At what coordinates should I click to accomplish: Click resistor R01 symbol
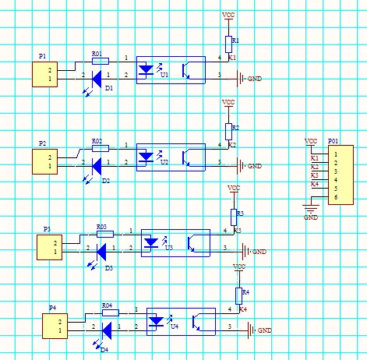[x=101, y=62]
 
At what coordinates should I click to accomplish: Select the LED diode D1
[x=97, y=79]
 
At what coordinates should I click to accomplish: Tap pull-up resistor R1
[x=228, y=44]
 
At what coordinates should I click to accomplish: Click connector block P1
[x=45, y=74]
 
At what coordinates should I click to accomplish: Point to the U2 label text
[x=164, y=162]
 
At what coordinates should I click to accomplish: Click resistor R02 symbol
[x=101, y=149]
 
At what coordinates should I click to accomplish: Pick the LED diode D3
[x=101, y=252]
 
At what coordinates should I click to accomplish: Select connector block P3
[x=50, y=247]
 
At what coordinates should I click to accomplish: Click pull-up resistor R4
[x=239, y=296]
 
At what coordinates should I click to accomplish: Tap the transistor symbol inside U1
[x=186, y=71]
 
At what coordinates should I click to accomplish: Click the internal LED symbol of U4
[x=157, y=321]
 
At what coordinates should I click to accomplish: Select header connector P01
[x=341, y=175]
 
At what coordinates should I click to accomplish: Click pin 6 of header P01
[x=336, y=197]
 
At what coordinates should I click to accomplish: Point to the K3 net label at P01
[x=315, y=175]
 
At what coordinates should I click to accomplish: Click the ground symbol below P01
[x=311, y=208]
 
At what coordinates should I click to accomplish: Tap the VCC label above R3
[x=234, y=188]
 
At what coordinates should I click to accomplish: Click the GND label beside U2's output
[x=255, y=166]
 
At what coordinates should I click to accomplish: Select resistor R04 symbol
[x=111, y=312]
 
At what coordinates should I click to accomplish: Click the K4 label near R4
[x=243, y=309]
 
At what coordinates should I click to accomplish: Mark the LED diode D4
[x=107, y=330]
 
